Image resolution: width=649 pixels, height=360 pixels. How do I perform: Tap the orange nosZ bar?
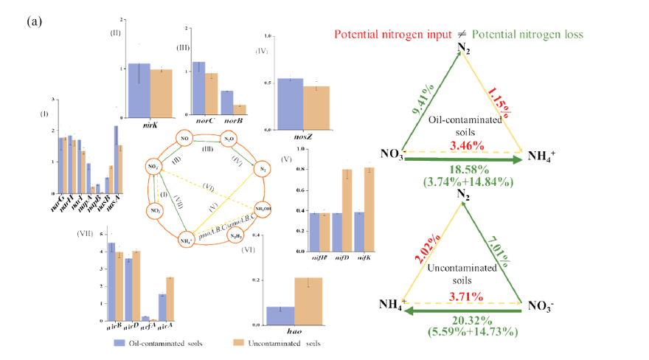point(316,108)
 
